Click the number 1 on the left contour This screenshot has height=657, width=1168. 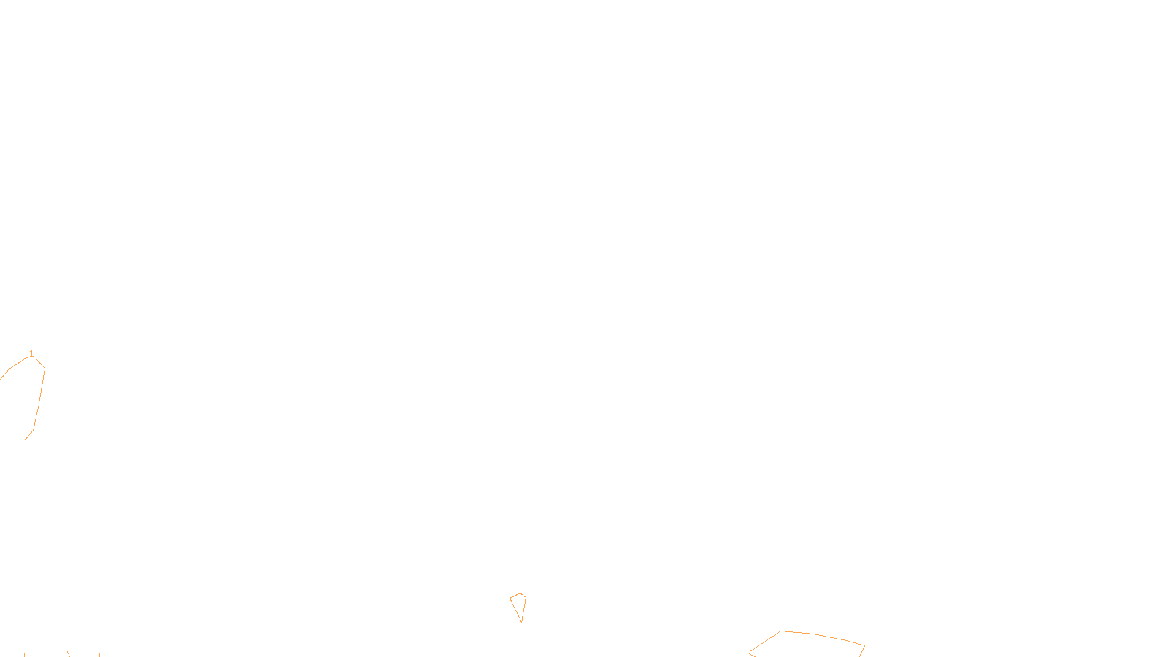click(31, 354)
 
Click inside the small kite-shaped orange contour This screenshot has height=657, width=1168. click(519, 604)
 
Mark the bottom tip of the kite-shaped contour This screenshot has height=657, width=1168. click(522, 622)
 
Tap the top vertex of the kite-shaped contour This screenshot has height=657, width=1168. click(520, 593)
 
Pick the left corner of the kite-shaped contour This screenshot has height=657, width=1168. click(510, 599)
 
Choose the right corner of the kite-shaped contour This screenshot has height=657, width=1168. click(526, 598)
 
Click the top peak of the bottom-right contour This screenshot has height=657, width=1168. click(781, 631)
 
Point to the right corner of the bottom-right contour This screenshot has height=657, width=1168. click(864, 645)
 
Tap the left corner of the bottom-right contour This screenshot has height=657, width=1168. click(750, 653)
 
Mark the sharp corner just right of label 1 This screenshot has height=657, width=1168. click(45, 368)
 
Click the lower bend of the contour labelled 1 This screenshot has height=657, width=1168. click(33, 431)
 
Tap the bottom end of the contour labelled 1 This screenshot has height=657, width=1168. click(25, 440)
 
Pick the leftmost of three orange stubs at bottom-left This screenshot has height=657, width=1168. click(24, 654)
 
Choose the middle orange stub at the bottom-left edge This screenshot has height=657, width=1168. click(69, 654)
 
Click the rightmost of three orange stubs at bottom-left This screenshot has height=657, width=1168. click(99, 653)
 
